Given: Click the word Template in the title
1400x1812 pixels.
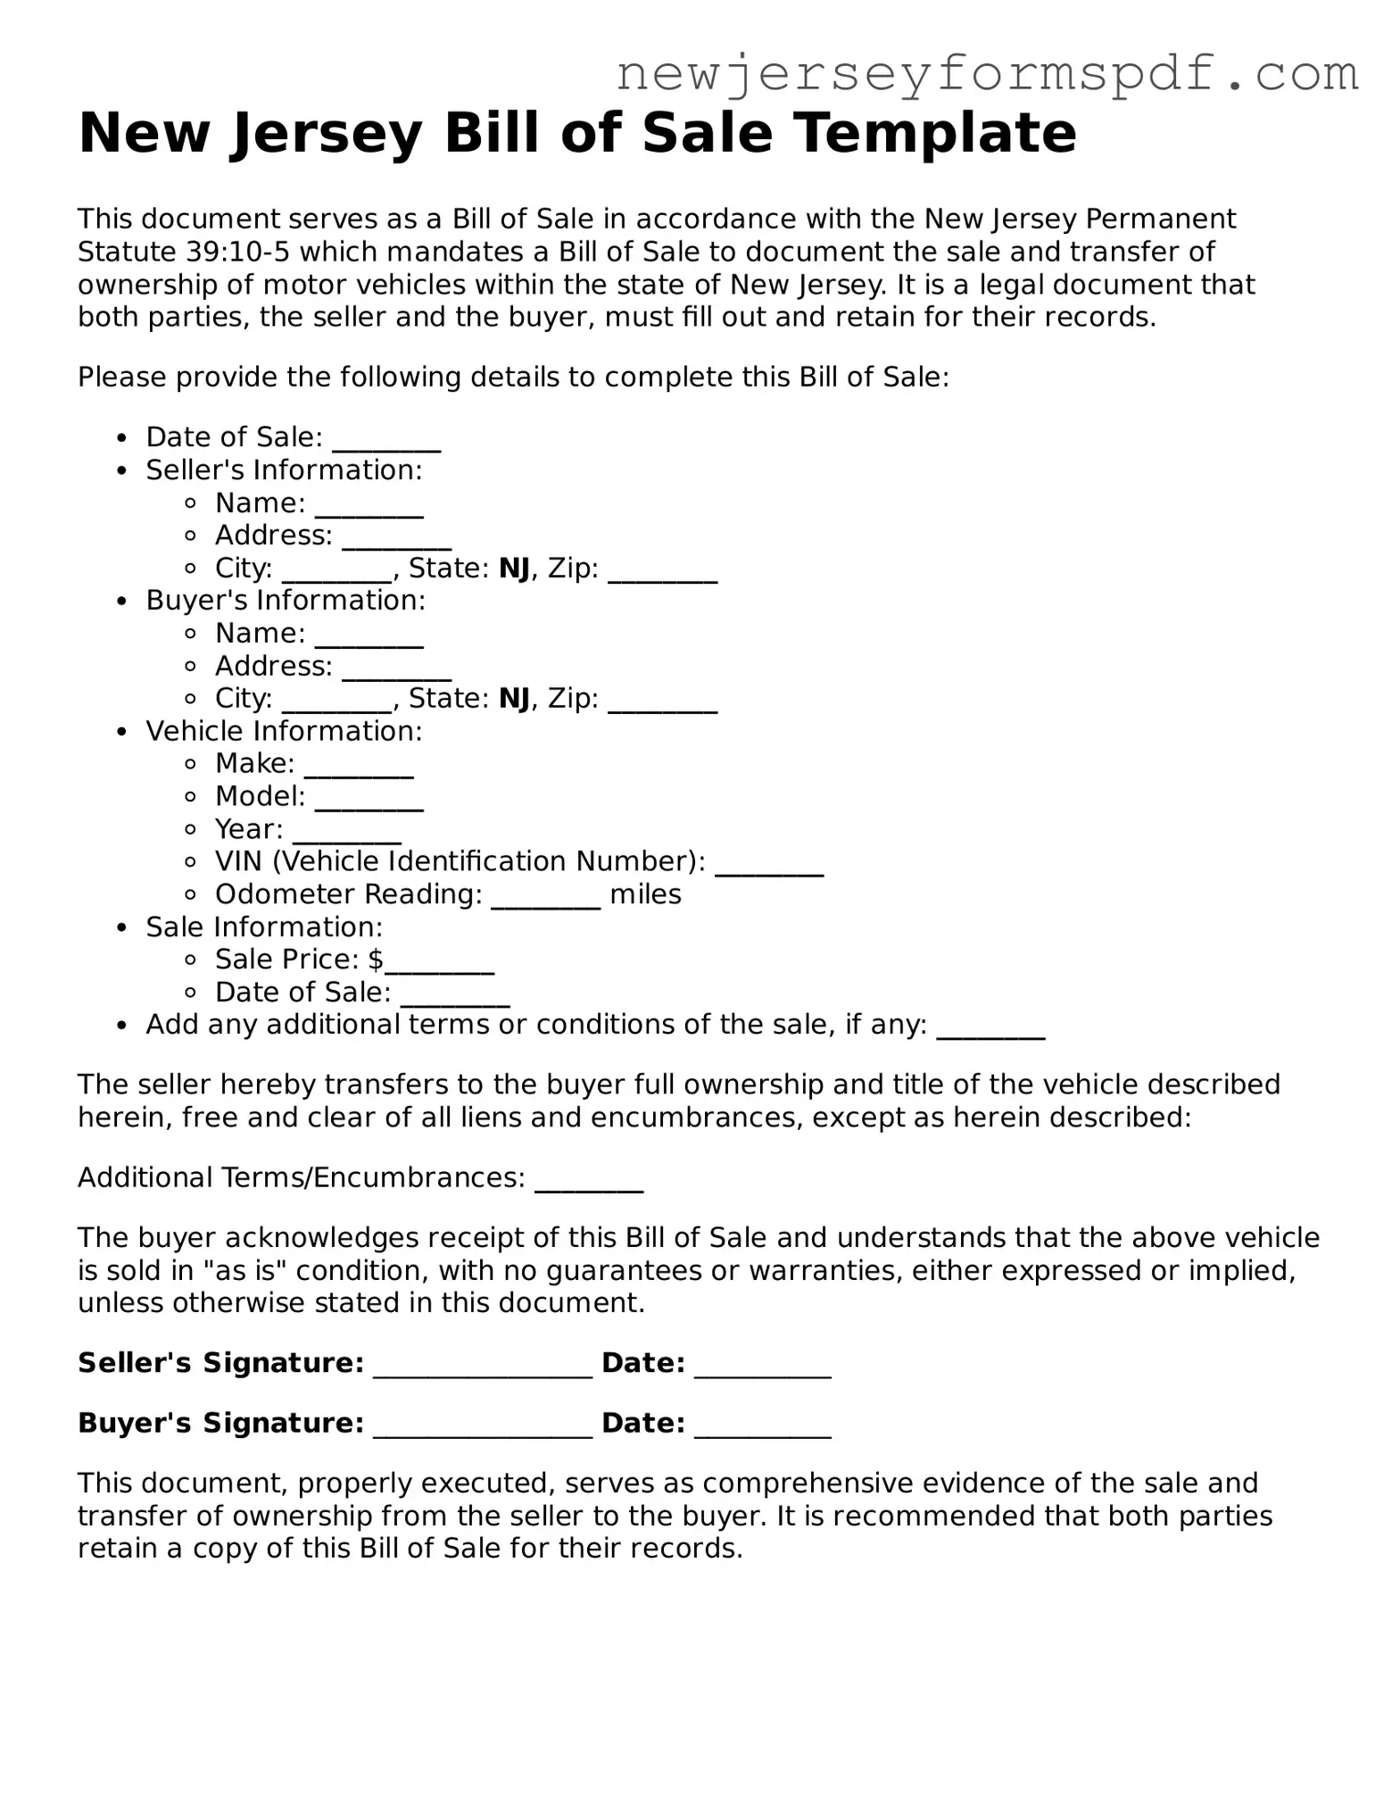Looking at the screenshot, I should tap(935, 133).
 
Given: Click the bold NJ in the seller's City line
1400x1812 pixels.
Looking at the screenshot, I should tap(514, 569).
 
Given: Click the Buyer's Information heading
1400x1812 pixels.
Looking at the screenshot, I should tap(286, 601).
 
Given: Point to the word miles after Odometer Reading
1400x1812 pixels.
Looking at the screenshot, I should tap(645, 894).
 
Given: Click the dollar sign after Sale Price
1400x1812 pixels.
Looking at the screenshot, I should tap(376, 960).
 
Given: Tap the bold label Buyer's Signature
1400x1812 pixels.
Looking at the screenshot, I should tap(220, 1423).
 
